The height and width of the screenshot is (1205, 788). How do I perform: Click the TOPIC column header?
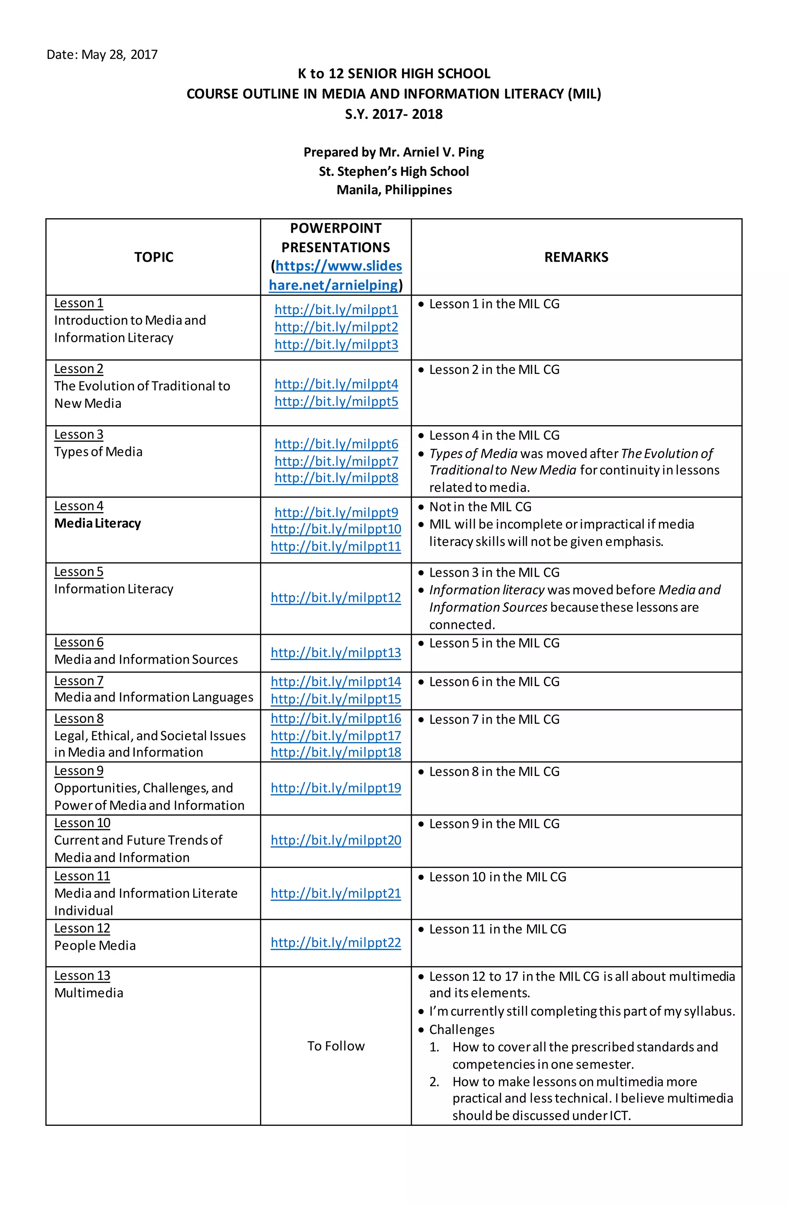(154, 257)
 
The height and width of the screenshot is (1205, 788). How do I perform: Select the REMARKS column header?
(576, 257)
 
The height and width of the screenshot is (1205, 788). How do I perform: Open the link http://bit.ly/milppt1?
(336, 309)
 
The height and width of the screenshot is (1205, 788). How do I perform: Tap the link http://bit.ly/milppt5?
(336, 402)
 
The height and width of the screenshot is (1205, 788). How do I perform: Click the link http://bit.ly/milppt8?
(336, 478)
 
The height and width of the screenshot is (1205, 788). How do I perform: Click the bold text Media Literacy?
(97, 524)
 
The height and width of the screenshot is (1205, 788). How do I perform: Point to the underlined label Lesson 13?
(82, 976)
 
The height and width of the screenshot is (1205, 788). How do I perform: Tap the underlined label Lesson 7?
(78, 681)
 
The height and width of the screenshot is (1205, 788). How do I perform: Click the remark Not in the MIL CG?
(480, 507)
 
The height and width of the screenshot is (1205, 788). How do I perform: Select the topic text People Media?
(95, 946)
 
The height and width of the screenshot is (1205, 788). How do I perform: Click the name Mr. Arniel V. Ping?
(431, 152)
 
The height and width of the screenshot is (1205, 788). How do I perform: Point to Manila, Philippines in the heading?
(394, 190)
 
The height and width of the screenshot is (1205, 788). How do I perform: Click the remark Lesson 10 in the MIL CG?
(498, 877)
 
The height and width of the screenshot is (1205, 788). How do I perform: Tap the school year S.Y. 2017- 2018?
(394, 114)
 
